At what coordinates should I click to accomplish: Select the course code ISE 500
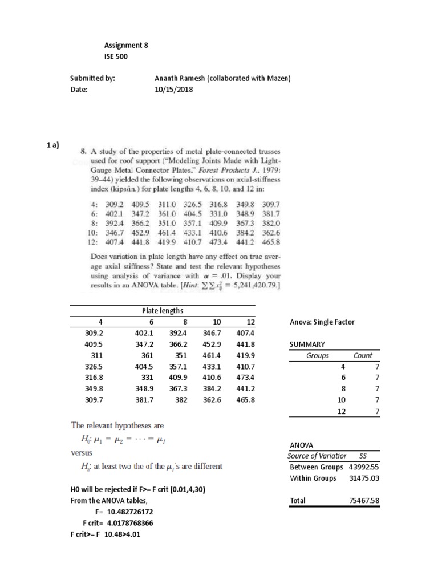(x=116, y=56)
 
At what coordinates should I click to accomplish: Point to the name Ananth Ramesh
(x=181, y=79)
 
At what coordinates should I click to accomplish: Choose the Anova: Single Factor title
(x=322, y=322)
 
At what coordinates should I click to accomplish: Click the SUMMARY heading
(x=307, y=344)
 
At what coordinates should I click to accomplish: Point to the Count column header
(x=363, y=355)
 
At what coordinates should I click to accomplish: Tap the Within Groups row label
(x=313, y=478)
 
